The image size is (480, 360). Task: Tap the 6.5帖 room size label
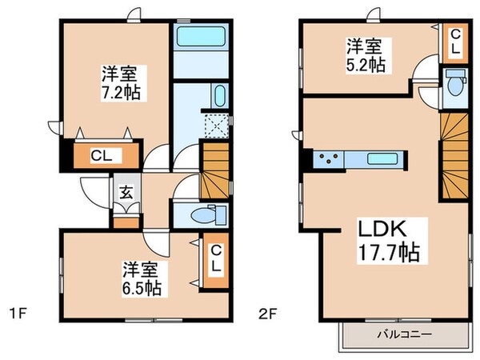(x=142, y=286)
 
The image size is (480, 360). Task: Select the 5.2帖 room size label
(x=366, y=63)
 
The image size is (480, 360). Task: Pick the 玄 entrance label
(x=126, y=192)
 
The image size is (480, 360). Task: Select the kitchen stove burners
(x=327, y=158)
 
